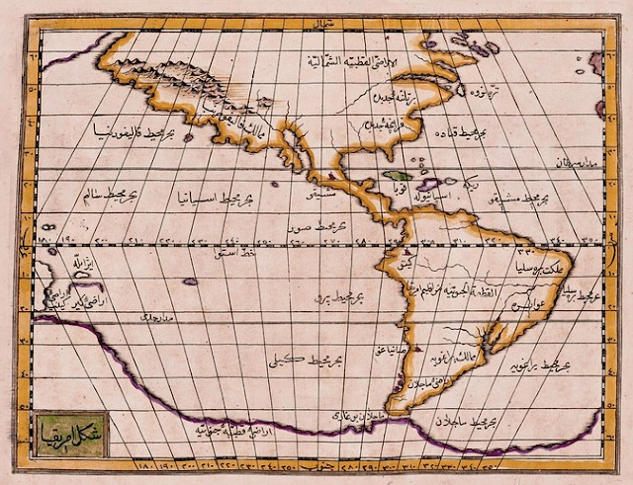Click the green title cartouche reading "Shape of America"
66,431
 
